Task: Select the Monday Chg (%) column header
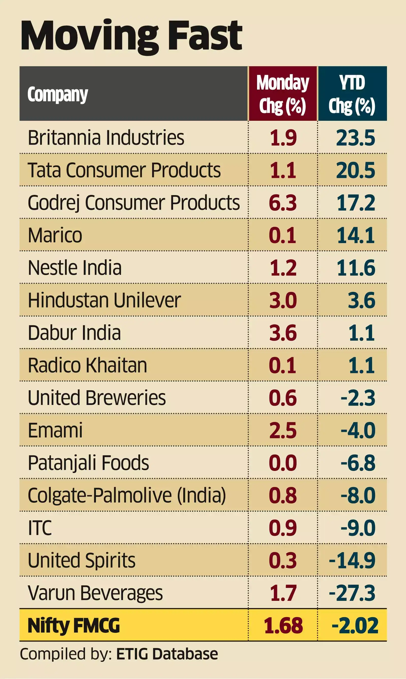tap(283, 94)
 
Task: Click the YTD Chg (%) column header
tap(352, 94)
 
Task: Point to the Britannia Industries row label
tap(106, 137)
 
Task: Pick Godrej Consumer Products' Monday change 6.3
tap(283, 203)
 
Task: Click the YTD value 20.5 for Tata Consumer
tap(356, 170)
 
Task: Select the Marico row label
tap(55, 235)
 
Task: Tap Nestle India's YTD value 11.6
tap(356, 268)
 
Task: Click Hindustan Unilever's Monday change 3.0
tap(283, 300)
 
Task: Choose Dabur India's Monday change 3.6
tap(283, 333)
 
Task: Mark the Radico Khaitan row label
tap(88, 365)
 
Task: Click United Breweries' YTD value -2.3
tap(358, 398)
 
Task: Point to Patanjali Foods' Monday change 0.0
tap(283, 463)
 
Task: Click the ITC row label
tap(40, 528)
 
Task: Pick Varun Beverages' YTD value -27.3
tap(352, 593)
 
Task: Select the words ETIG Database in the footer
tap(167, 654)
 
